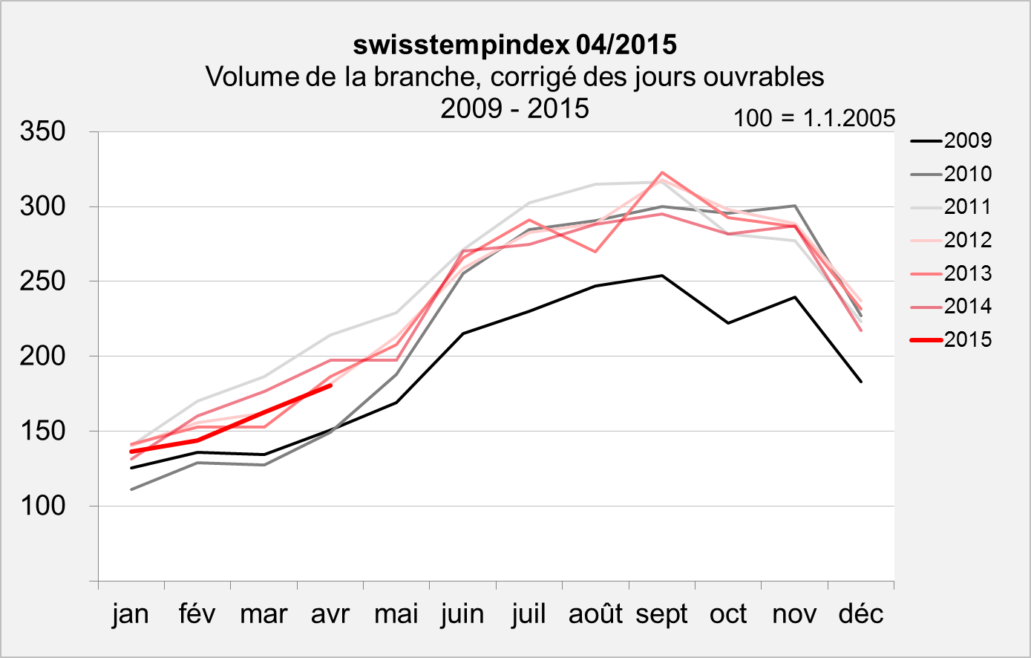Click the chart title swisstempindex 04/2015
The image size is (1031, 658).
click(x=514, y=45)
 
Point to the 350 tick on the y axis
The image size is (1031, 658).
click(x=44, y=132)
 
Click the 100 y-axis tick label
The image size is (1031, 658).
click(x=44, y=506)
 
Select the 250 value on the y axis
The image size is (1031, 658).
click(x=44, y=281)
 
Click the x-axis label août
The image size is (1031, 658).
click(x=595, y=614)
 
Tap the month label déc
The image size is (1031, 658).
click(x=861, y=614)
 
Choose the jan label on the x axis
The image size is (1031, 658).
click(x=131, y=614)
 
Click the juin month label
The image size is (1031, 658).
click(x=462, y=614)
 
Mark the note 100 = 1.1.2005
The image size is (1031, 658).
click(x=814, y=118)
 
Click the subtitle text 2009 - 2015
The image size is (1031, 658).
click(x=514, y=108)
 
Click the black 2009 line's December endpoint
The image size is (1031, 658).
click(x=861, y=382)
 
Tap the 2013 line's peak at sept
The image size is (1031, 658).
click(x=662, y=172)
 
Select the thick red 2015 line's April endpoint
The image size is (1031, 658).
click(x=330, y=385)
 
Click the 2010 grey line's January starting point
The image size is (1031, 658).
click(x=131, y=489)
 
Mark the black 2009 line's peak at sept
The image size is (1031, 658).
click(x=662, y=276)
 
